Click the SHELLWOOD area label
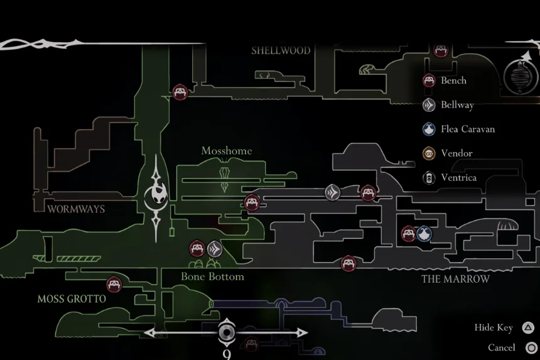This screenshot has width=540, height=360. pos(281,51)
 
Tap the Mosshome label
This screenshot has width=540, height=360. pos(227,151)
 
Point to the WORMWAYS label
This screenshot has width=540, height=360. pos(76,209)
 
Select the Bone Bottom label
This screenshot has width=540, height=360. pos(212,276)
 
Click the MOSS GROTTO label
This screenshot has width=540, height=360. pos(72,299)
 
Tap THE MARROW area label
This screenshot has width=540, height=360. pos(455,279)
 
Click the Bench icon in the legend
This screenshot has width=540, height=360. pos(429,80)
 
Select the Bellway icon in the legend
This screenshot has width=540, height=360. pos(429,105)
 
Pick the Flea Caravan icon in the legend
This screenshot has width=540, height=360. pos(429,129)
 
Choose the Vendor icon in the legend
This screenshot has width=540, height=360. pos(429,153)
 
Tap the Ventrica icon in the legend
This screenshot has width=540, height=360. pos(429,178)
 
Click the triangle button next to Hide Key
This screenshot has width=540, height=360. pos(528,327)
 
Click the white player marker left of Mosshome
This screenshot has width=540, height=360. pos(156,195)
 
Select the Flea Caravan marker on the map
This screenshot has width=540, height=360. pos(424,234)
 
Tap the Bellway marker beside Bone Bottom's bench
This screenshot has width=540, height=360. pos(215,249)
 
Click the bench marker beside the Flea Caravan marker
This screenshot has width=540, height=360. pos(409,234)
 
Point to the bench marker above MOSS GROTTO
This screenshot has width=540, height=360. pos(114,285)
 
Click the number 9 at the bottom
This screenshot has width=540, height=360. pos(227,354)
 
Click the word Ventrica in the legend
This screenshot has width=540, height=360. pos(458,178)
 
